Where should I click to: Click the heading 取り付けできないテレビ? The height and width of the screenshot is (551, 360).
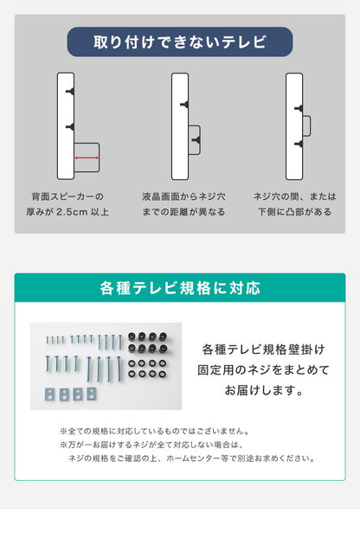(180, 42)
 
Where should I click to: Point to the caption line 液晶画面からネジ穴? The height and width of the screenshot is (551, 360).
(183, 196)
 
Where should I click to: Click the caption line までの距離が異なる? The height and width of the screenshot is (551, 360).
(183, 211)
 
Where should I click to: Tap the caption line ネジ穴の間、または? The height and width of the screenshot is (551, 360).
(294, 196)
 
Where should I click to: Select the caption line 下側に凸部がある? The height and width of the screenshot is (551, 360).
(294, 211)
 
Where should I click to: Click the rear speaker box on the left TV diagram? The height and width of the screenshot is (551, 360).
(87, 157)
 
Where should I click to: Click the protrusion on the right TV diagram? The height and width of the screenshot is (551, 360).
(305, 125)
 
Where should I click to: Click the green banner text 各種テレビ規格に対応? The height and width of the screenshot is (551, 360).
(180, 288)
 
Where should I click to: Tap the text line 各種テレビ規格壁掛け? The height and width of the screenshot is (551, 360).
(264, 349)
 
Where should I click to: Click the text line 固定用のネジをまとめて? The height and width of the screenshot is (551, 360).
(264, 369)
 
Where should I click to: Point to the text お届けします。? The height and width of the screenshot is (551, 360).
(264, 390)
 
